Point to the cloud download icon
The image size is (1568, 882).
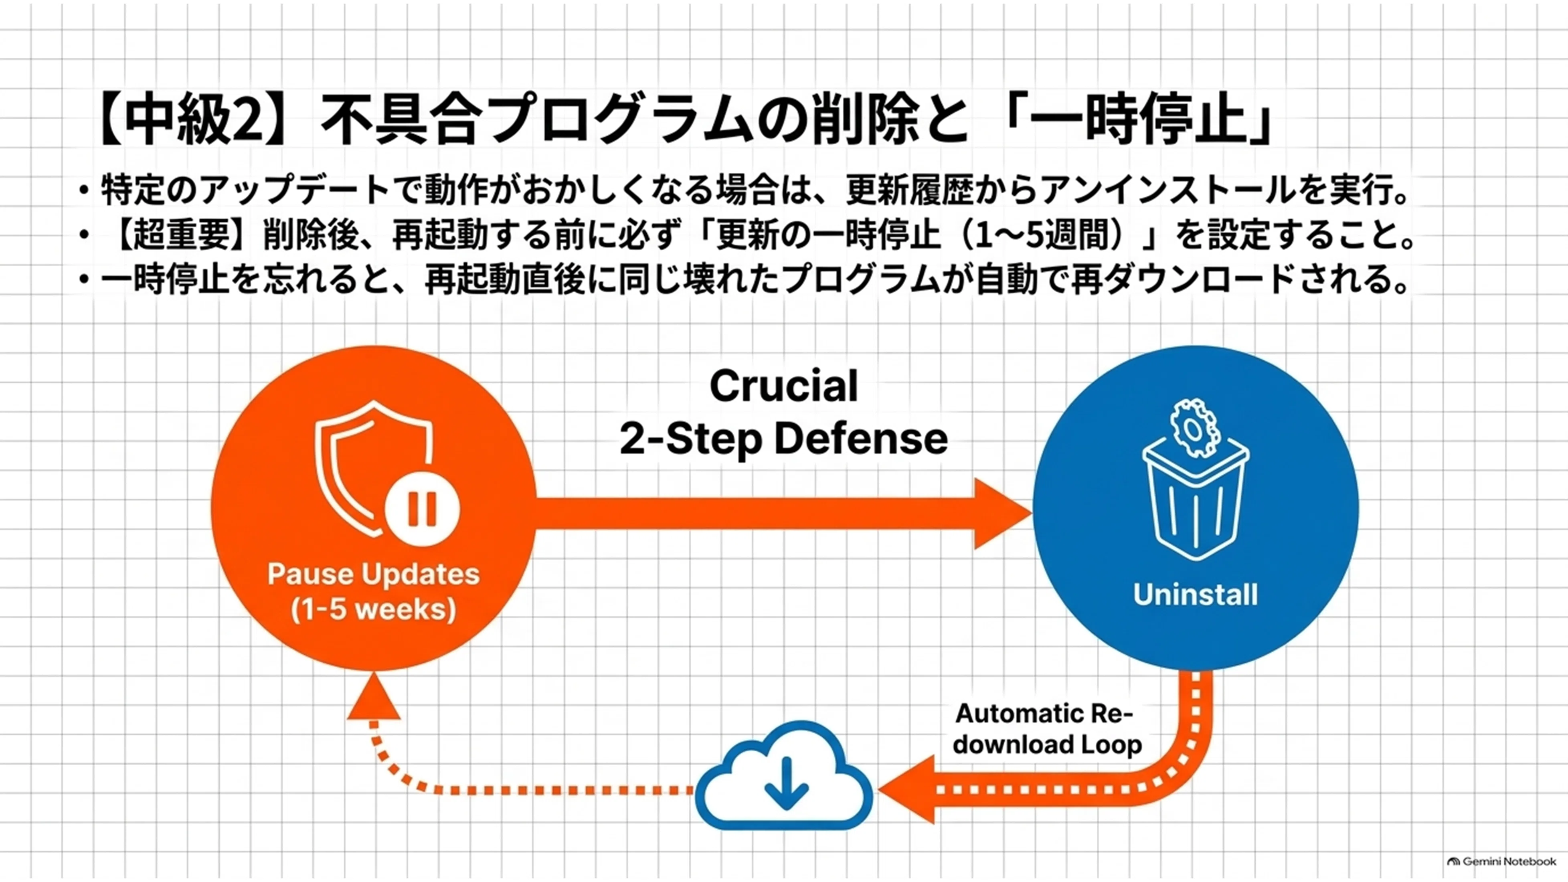(784, 775)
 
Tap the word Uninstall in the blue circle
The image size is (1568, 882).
(1196, 595)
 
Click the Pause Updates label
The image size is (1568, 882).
(374, 574)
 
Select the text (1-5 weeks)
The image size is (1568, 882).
(374, 610)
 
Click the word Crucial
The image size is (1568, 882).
(784, 386)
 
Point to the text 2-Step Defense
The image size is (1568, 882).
(784, 439)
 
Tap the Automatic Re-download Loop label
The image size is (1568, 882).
(1046, 728)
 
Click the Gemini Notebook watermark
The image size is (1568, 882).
(1501, 861)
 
